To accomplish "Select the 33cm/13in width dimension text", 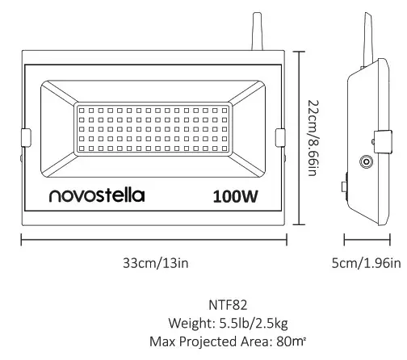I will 153,262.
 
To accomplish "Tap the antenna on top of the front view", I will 258,32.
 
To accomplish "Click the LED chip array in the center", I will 153,129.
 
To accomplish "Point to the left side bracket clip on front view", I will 25,138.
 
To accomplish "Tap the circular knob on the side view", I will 367,162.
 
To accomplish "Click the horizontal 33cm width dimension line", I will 153,239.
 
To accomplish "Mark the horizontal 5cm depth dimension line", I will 367,239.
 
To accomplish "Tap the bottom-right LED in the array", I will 225,149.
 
